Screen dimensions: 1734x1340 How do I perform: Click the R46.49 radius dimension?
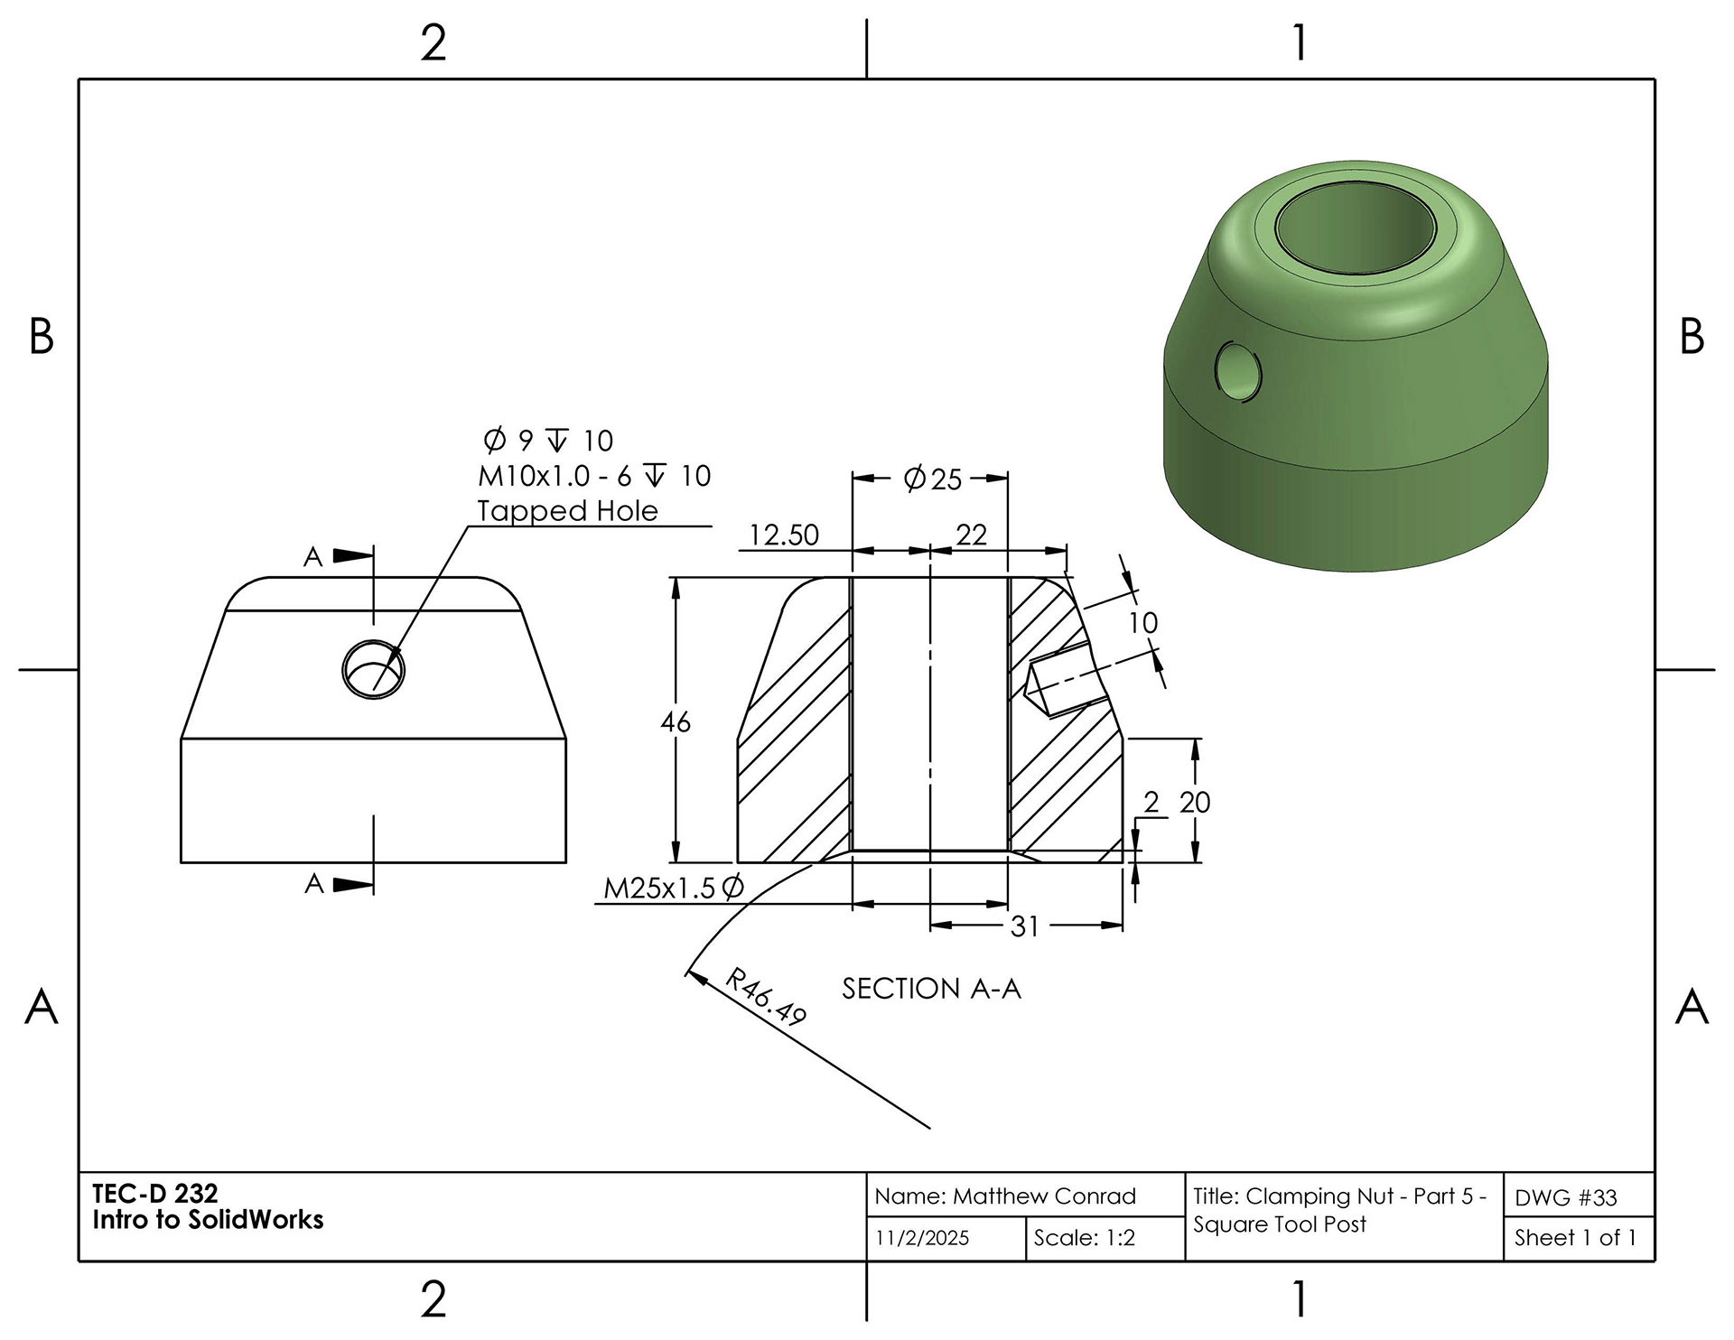[766, 997]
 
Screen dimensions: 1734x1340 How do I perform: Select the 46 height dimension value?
[676, 722]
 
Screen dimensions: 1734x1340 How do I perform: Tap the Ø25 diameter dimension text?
[933, 479]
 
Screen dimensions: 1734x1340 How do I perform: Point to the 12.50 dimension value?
[784, 535]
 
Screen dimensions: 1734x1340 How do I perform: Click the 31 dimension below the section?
[1025, 926]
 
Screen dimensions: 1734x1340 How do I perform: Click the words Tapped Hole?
[567, 511]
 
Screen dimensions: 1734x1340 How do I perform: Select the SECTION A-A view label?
[931, 989]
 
